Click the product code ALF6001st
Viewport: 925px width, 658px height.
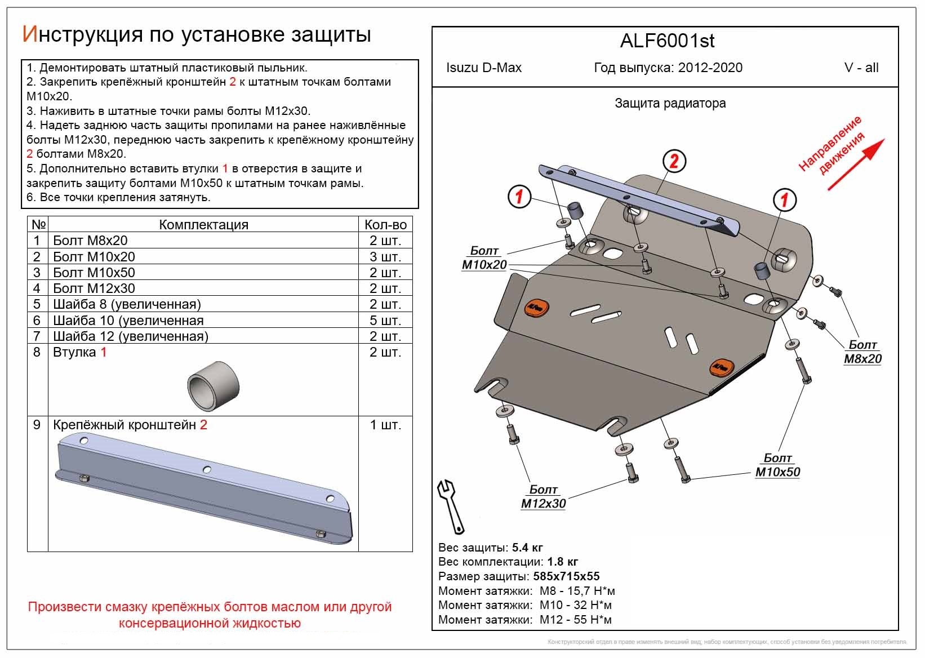667,41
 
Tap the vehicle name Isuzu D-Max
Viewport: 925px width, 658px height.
483,68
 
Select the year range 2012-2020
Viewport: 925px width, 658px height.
710,68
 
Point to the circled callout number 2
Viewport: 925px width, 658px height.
674,162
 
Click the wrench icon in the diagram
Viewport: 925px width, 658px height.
451,506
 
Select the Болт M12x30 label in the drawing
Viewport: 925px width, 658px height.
543,497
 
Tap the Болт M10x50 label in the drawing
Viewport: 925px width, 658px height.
777,465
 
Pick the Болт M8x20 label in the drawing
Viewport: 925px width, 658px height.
862,352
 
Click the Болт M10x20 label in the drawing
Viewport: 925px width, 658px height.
484,258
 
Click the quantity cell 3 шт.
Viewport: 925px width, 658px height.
385,257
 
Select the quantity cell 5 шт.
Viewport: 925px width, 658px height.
385,321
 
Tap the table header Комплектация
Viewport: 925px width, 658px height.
203,225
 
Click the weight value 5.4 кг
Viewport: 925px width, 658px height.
527,548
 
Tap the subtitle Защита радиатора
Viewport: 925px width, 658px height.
670,103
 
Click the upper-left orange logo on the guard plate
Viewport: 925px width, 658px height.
537,308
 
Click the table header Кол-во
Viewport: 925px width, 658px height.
385,225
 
